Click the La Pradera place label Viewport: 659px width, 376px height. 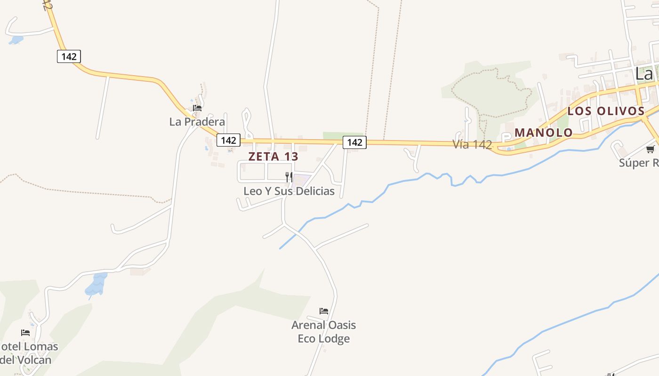click(x=197, y=122)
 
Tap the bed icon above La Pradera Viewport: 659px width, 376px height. click(x=197, y=108)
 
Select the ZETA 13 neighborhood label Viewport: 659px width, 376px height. click(x=273, y=157)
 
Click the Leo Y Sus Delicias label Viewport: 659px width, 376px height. click(x=289, y=191)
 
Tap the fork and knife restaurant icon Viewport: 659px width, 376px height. click(x=289, y=177)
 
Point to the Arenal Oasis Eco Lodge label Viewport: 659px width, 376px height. click(x=324, y=332)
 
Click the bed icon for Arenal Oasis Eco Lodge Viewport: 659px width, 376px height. click(x=324, y=311)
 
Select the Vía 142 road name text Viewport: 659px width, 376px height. click(x=472, y=145)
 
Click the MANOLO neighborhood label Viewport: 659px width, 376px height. click(x=543, y=133)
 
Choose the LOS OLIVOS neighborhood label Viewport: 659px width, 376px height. click(x=605, y=111)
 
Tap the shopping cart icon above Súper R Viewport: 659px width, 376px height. click(x=650, y=149)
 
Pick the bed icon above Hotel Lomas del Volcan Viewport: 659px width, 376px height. click(x=25, y=333)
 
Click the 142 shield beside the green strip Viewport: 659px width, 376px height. click(x=354, y=142)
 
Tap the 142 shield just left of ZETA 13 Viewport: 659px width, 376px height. click(x=228, y=140)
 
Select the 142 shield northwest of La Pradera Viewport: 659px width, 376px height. click(x=69, y=56)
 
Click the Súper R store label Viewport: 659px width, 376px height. click(x=638, y=163)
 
